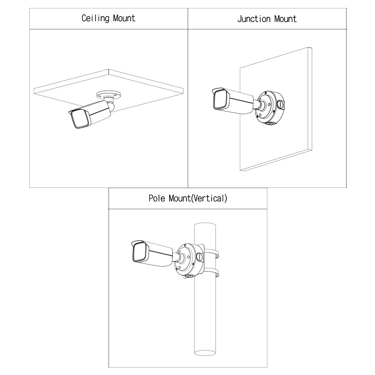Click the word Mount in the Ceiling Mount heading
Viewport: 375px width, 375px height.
click(x=124, y=18)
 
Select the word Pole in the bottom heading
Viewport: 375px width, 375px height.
click(x=157, y=198)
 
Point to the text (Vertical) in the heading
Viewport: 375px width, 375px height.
click(x=210, y=198)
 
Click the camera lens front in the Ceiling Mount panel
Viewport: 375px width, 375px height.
click(x=79, y=119)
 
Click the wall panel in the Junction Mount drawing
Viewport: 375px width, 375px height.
click(x=278, y=146)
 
